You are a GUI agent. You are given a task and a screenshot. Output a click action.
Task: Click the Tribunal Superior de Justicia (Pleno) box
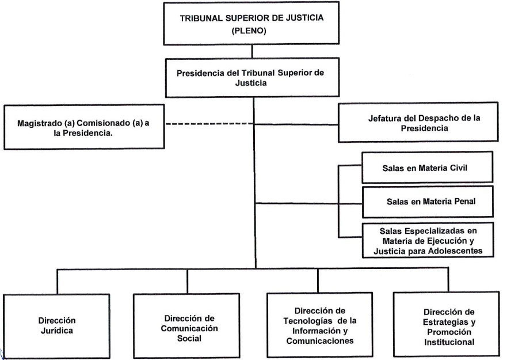[251, 23]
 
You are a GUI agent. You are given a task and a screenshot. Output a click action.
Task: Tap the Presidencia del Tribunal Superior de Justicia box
[251, 77]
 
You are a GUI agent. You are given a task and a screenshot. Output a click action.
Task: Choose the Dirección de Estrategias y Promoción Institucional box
[447, 326]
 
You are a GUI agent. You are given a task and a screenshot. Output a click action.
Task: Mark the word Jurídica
[56, 331]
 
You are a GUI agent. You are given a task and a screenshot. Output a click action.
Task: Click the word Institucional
[447, 342]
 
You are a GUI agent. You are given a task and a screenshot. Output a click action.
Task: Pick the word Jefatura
[387, 118]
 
